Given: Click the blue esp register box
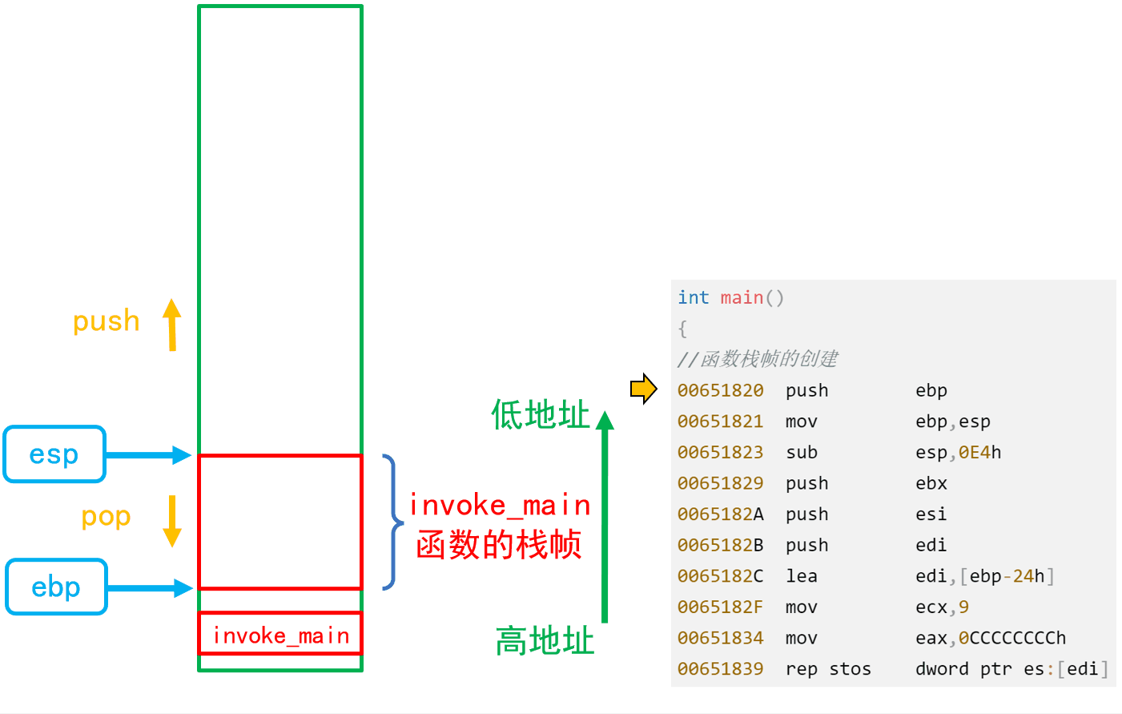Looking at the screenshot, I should click(54, 454).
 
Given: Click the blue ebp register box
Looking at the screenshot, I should click(56, 587).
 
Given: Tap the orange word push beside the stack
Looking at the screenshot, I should click(107, 321).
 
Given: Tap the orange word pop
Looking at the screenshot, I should click(106, 517).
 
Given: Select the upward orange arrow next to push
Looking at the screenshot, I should click(172, 325).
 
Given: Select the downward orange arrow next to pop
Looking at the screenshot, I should click(172, 521).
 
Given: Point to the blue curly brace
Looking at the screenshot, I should click(392, 522).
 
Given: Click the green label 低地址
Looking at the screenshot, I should click(541, 415).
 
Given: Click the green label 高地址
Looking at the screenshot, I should click(545, 641).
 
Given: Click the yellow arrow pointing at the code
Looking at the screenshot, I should click(643, 389).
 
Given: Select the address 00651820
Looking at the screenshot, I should click(720, 390).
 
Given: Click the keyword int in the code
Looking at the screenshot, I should click(693, 298).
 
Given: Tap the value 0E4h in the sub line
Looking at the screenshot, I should click(979, 453).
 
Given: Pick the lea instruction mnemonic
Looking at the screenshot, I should click(801, 576).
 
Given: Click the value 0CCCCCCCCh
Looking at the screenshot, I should click(1012, 638).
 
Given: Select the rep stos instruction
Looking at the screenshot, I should click(828, 669).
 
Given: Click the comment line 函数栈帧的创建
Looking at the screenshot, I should click(758, 359).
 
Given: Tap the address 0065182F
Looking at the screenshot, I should click(720, 607).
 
